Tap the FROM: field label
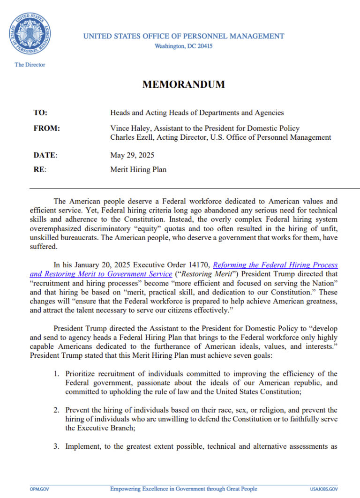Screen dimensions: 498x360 click(x=46, y=128)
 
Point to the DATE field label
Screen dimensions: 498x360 click(x=45, y=155)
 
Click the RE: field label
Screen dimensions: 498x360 click(x=40, y=170)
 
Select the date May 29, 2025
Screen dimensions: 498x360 click(x=132, y=155)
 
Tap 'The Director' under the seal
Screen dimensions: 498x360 click(x=30, y=65)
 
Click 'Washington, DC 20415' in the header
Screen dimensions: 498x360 click(x=183, y=46)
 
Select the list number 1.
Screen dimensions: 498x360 click(x=55, y=374)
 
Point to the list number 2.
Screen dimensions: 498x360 click(x=55, y=410)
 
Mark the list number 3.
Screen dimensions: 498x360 click(x=55, y=446)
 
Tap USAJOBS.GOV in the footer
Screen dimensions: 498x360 click(x=323, y=489)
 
